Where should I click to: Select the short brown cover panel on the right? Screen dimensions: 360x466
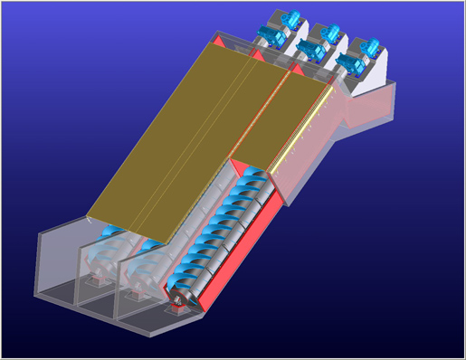point(281,118)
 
